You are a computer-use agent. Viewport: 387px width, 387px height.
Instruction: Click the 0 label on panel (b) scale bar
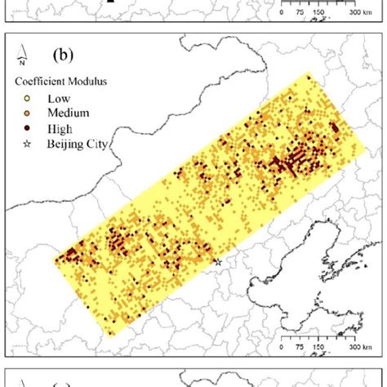point(282,346)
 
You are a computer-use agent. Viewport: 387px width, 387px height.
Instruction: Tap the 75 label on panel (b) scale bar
point(300,346)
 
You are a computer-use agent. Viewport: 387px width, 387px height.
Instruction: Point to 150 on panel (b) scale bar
point(320,346)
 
